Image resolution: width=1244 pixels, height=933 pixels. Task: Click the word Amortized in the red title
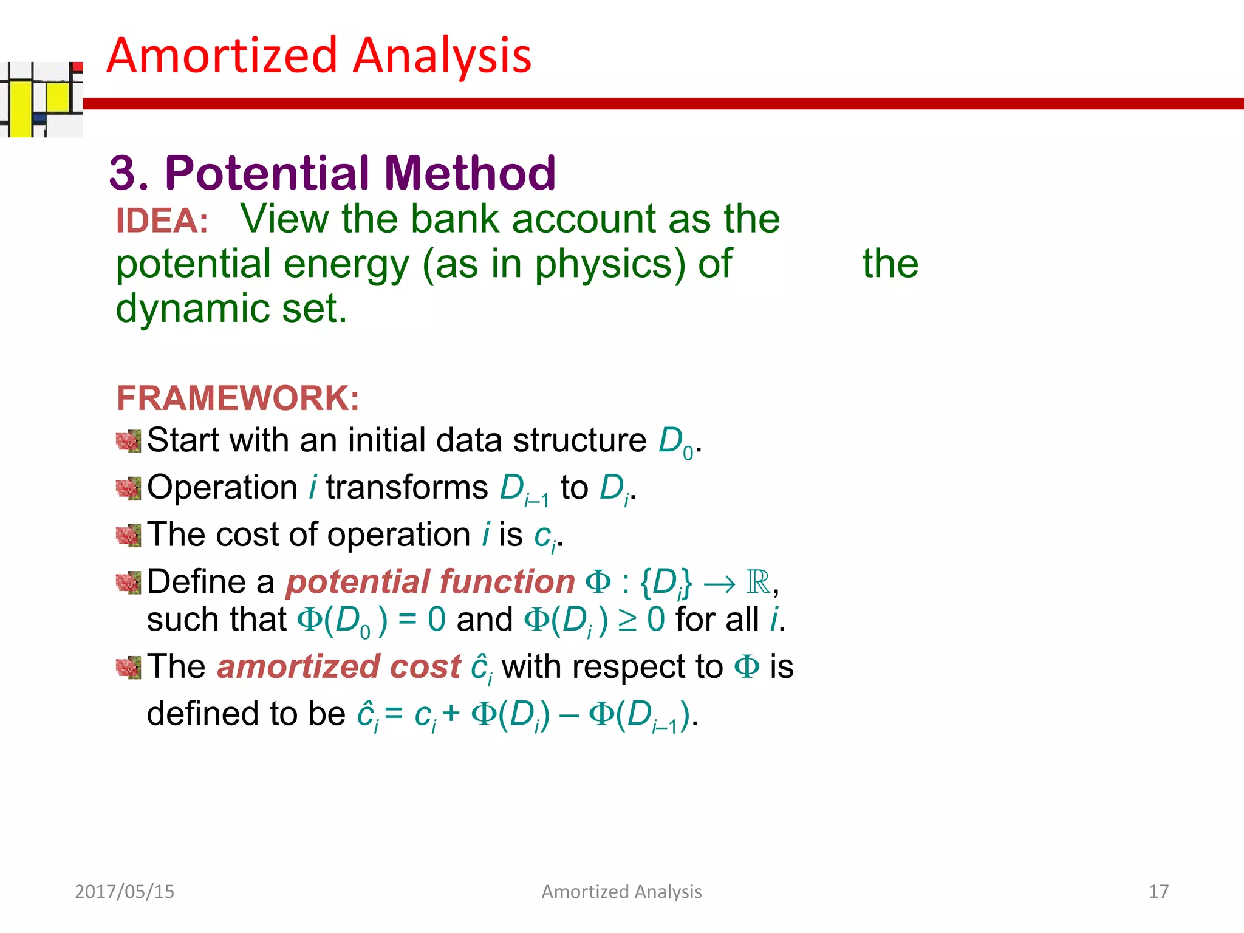coord(222,56)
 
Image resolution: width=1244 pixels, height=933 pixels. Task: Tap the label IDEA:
coord(162,220)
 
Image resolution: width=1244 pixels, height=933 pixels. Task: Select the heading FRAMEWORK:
coord(238,398)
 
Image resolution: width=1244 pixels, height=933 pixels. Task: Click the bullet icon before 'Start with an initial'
coord(128,442)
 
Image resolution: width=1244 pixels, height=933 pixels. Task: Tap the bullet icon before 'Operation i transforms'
coord(128,488)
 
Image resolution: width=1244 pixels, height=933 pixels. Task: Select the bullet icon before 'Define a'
coord(128,583)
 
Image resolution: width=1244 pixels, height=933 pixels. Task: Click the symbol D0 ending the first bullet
coord(675,442)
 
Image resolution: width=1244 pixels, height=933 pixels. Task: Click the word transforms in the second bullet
coord(406,488)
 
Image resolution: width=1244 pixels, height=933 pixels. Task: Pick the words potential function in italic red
coord(430,582)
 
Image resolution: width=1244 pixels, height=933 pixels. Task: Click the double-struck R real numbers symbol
coord(758,582)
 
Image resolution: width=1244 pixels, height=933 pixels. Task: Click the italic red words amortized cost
coord(339,667)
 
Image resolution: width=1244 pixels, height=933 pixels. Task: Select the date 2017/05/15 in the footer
coord(125,891)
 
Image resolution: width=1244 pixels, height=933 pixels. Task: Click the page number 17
coord(1158,891)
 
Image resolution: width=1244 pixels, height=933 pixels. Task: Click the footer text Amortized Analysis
coord(621,891)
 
